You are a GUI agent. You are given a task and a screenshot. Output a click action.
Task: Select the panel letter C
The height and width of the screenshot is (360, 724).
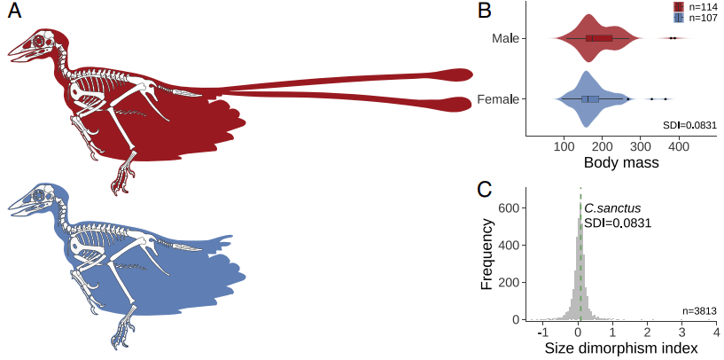click(485, 189)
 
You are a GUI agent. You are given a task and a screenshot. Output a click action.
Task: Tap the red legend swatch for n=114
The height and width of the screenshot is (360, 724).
click(678, 6)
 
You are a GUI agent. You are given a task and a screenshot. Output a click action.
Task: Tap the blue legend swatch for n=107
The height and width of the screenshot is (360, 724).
click(678, 17)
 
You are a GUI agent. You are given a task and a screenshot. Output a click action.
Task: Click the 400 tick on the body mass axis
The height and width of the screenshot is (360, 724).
click(679, 146)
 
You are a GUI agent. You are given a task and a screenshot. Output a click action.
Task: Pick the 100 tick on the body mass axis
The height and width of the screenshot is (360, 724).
click(563, 146)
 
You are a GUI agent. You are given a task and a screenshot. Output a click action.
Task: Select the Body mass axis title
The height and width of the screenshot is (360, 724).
click(620, 163)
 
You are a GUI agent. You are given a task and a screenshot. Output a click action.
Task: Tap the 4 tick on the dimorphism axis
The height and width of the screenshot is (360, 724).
click(716, 332)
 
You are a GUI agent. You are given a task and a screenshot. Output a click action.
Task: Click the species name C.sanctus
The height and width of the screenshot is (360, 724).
click(611, 207)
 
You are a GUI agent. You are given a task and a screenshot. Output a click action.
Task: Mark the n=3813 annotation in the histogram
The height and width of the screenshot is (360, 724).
click(699, 310)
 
